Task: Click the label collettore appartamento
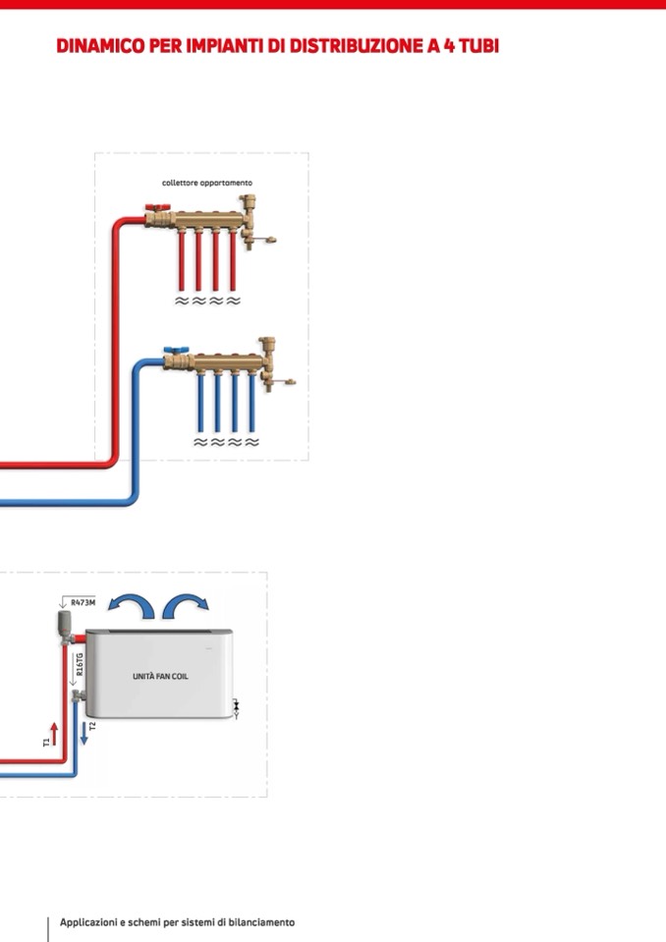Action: pyautogui.click(x=207, y=183)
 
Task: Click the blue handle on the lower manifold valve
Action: pyautogui.click(x=171, y=350)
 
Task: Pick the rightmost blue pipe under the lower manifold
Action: pyautogui.click(x=251, y=402)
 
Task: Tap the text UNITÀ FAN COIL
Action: pyautogui.click(x=161, y=676)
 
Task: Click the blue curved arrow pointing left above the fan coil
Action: pyautogui.click(x=130, y=606)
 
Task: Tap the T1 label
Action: pyautogui.click(x=45, y=743)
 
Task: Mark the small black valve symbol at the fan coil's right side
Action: pyautogui.click(x=237, y=704)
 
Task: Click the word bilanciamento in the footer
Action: pyautogui.click(x=262, y=922)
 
